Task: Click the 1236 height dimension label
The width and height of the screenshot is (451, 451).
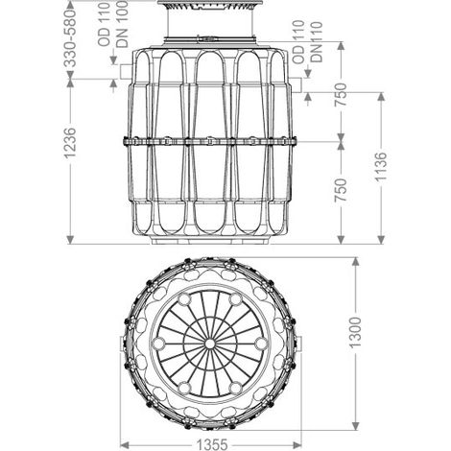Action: (x=70, y=143)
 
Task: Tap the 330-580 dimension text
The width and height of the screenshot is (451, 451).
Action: (x=70, y=38)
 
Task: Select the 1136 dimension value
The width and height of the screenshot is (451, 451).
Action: (x=381, y=166)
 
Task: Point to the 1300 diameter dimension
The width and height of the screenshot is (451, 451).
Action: (x=355, y=332)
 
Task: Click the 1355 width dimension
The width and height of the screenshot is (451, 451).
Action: (x=212, y=444)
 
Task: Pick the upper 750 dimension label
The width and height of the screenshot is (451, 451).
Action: (x=341, y=95)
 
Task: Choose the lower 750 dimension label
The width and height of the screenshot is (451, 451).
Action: (x=341, y=190)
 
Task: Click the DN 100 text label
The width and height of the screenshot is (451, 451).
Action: (x=122, y=24)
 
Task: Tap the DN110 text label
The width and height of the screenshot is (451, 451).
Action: (x=317, y=41)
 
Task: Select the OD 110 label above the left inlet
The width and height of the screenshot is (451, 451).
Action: (x=105, y=24)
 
